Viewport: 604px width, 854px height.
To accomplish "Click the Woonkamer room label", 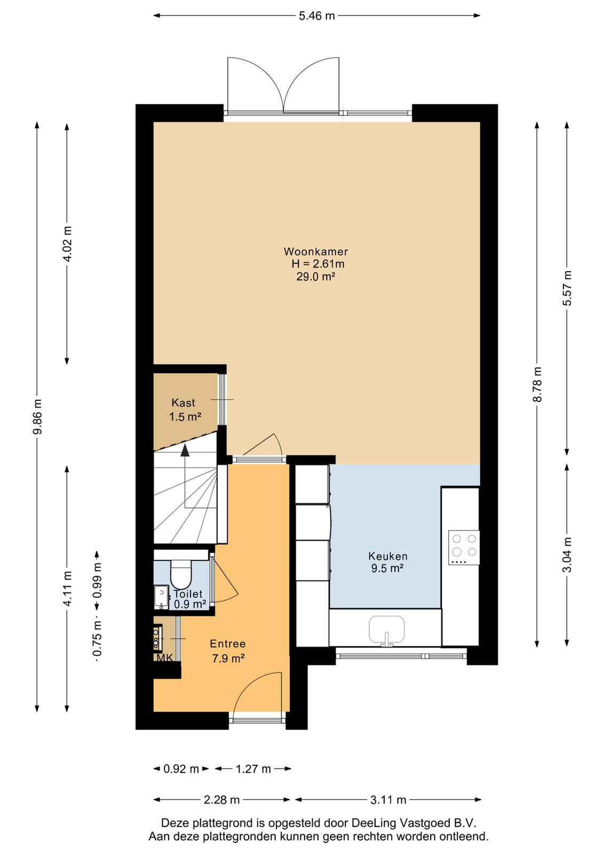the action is click(x=315, y=251).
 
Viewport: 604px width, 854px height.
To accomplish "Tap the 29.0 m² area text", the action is click(x=315, y=276).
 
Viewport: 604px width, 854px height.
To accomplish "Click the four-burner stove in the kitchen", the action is click(x=464, y=547).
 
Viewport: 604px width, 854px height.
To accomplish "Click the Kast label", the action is click(x=184, y=402).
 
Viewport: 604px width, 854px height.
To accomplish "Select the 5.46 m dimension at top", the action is click(x=316, y=15).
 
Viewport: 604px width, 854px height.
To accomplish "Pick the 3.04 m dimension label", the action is click(x=567, y=555).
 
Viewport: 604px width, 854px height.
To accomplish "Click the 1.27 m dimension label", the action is click(x=253, y=769).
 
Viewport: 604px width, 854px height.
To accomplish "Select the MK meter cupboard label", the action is click(x=164, y=657).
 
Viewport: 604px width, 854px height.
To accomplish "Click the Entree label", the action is click(x=227, y=644).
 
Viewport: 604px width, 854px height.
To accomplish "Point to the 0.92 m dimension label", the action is click(x=181, y=769).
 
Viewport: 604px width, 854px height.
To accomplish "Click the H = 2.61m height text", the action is click(x=318, y=264).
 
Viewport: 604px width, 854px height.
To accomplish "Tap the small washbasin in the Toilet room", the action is click(x=161, y=597).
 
